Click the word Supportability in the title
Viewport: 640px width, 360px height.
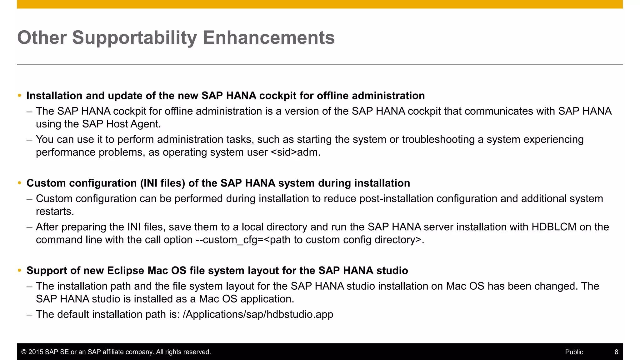[134, 38]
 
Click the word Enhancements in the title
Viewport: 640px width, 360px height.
[269, 37]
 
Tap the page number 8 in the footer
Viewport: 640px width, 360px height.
[616, 352]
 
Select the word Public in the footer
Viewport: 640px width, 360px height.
[574, 352]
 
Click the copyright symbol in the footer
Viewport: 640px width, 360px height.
[24, 352]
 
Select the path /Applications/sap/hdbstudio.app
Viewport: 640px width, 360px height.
[258, 314]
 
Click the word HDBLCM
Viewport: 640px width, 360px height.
[554, 227]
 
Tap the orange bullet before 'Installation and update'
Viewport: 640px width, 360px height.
[20, 96]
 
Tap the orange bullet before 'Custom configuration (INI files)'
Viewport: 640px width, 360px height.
[20, 183]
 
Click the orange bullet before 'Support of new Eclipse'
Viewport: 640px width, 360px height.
[20, 271]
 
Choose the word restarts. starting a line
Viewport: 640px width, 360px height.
[55, 212]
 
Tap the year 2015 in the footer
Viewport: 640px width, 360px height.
[36, 352]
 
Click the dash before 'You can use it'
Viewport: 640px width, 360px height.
[30, 139]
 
